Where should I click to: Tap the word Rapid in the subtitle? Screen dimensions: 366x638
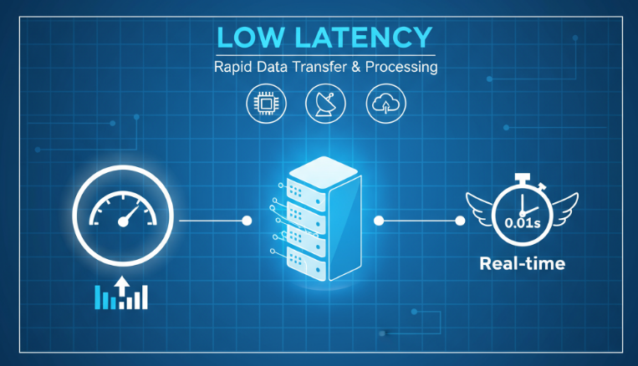coord(234,67)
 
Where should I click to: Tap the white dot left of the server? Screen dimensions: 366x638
coord(247,221)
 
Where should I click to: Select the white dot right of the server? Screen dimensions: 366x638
coord(379,221)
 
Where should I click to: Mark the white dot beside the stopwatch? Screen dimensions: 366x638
coord(459,221)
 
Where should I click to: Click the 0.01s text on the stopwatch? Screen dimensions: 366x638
coord(523,223)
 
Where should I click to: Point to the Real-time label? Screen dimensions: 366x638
coord(522,264)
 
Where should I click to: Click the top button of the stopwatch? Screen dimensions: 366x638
coord(523,177)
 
